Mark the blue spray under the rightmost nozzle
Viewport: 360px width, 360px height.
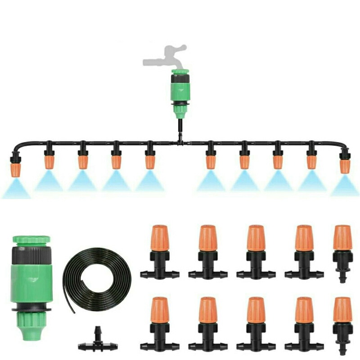coord(345,186)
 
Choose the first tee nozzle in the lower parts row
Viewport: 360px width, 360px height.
coord(160,324)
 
